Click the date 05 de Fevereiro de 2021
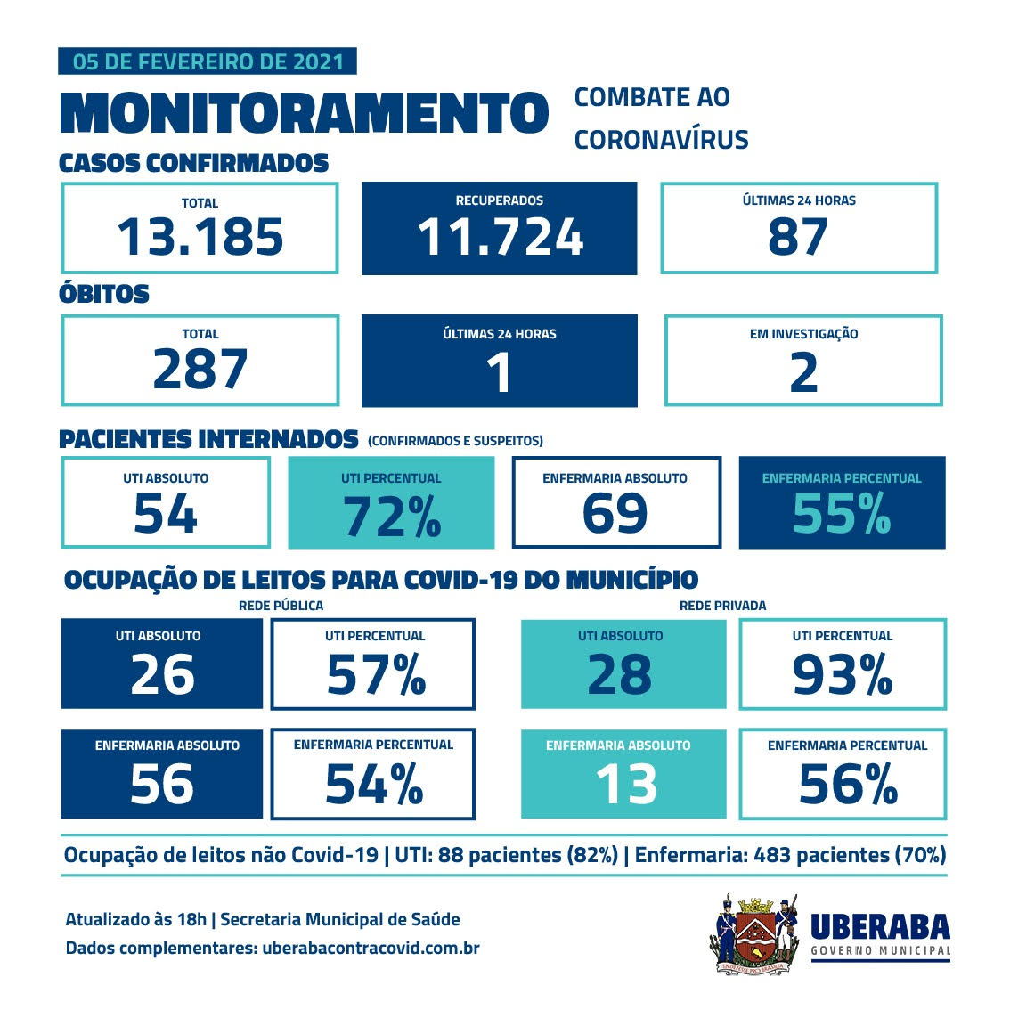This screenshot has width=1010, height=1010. click(208, 61)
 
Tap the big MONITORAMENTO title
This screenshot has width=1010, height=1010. click(303, 113)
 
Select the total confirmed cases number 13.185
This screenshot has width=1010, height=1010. click(200, 237)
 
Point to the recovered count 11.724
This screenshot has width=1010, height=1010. click(500, 237)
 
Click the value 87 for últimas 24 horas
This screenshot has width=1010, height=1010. click(798, 237)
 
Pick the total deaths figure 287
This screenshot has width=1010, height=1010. click(200, 370)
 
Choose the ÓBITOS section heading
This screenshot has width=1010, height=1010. click(104, 294)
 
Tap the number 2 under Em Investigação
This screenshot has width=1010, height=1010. click(803, 371)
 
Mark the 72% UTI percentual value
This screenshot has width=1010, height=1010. click(392, 516)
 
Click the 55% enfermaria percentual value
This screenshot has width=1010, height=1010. click(842, 515)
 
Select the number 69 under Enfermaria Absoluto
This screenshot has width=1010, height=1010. click(615, 515)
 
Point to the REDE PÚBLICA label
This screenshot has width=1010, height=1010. click(281, 606)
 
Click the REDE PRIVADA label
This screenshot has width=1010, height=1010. click(722, 606)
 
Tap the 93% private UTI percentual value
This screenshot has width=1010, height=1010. click(843, 675)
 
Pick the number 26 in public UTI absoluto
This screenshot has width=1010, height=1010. click(162, 674)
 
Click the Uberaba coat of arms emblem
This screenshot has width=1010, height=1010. click(756, 933)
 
